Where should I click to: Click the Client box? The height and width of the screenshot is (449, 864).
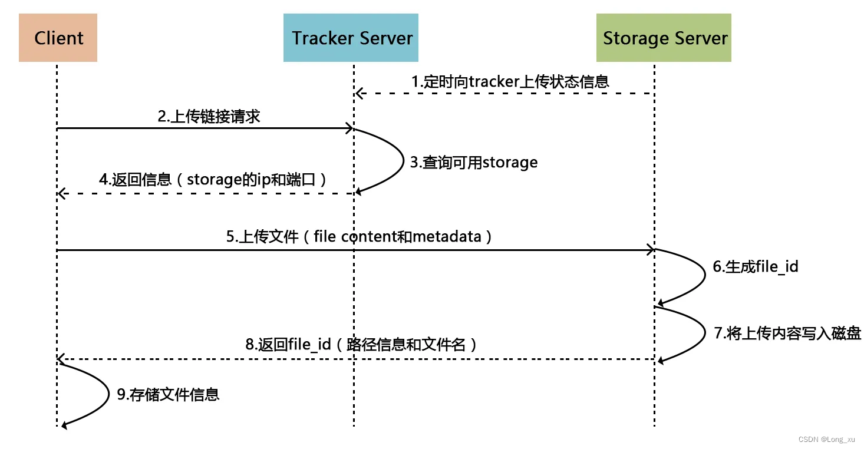(x=58, y=38)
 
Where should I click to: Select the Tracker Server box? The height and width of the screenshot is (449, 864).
(x=351, y=38)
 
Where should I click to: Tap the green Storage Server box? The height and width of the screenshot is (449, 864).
(x=664, y=38)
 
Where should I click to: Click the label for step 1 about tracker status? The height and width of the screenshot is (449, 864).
(x=510, y=81)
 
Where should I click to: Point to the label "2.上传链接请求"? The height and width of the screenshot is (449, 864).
(x=209, y=116)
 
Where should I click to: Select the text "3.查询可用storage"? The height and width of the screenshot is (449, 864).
(x=474, y=162)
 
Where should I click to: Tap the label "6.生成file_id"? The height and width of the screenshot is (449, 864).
(x=755, y=266)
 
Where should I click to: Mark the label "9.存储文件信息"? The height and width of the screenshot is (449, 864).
(x=168, y=394)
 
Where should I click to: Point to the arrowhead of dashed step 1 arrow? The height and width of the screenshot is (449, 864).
(x=358, y=93)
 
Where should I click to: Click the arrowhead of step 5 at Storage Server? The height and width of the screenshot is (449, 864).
(x=651, y=250)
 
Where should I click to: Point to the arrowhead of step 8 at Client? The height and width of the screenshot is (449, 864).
(x=61, y=359)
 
